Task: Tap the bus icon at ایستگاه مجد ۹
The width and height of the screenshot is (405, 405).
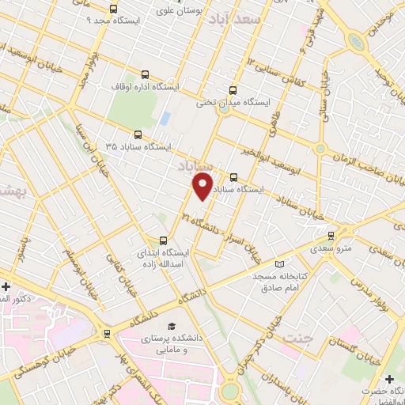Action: (x=112, y=8)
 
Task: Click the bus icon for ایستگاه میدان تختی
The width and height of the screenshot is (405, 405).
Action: (x=232, y=90)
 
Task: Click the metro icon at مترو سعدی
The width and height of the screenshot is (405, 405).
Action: (x=331, y=234)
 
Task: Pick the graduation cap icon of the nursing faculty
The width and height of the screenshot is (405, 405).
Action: (x=171, y=327)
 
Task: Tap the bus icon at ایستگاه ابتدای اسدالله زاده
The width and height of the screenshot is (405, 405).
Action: (x=164, y=240)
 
